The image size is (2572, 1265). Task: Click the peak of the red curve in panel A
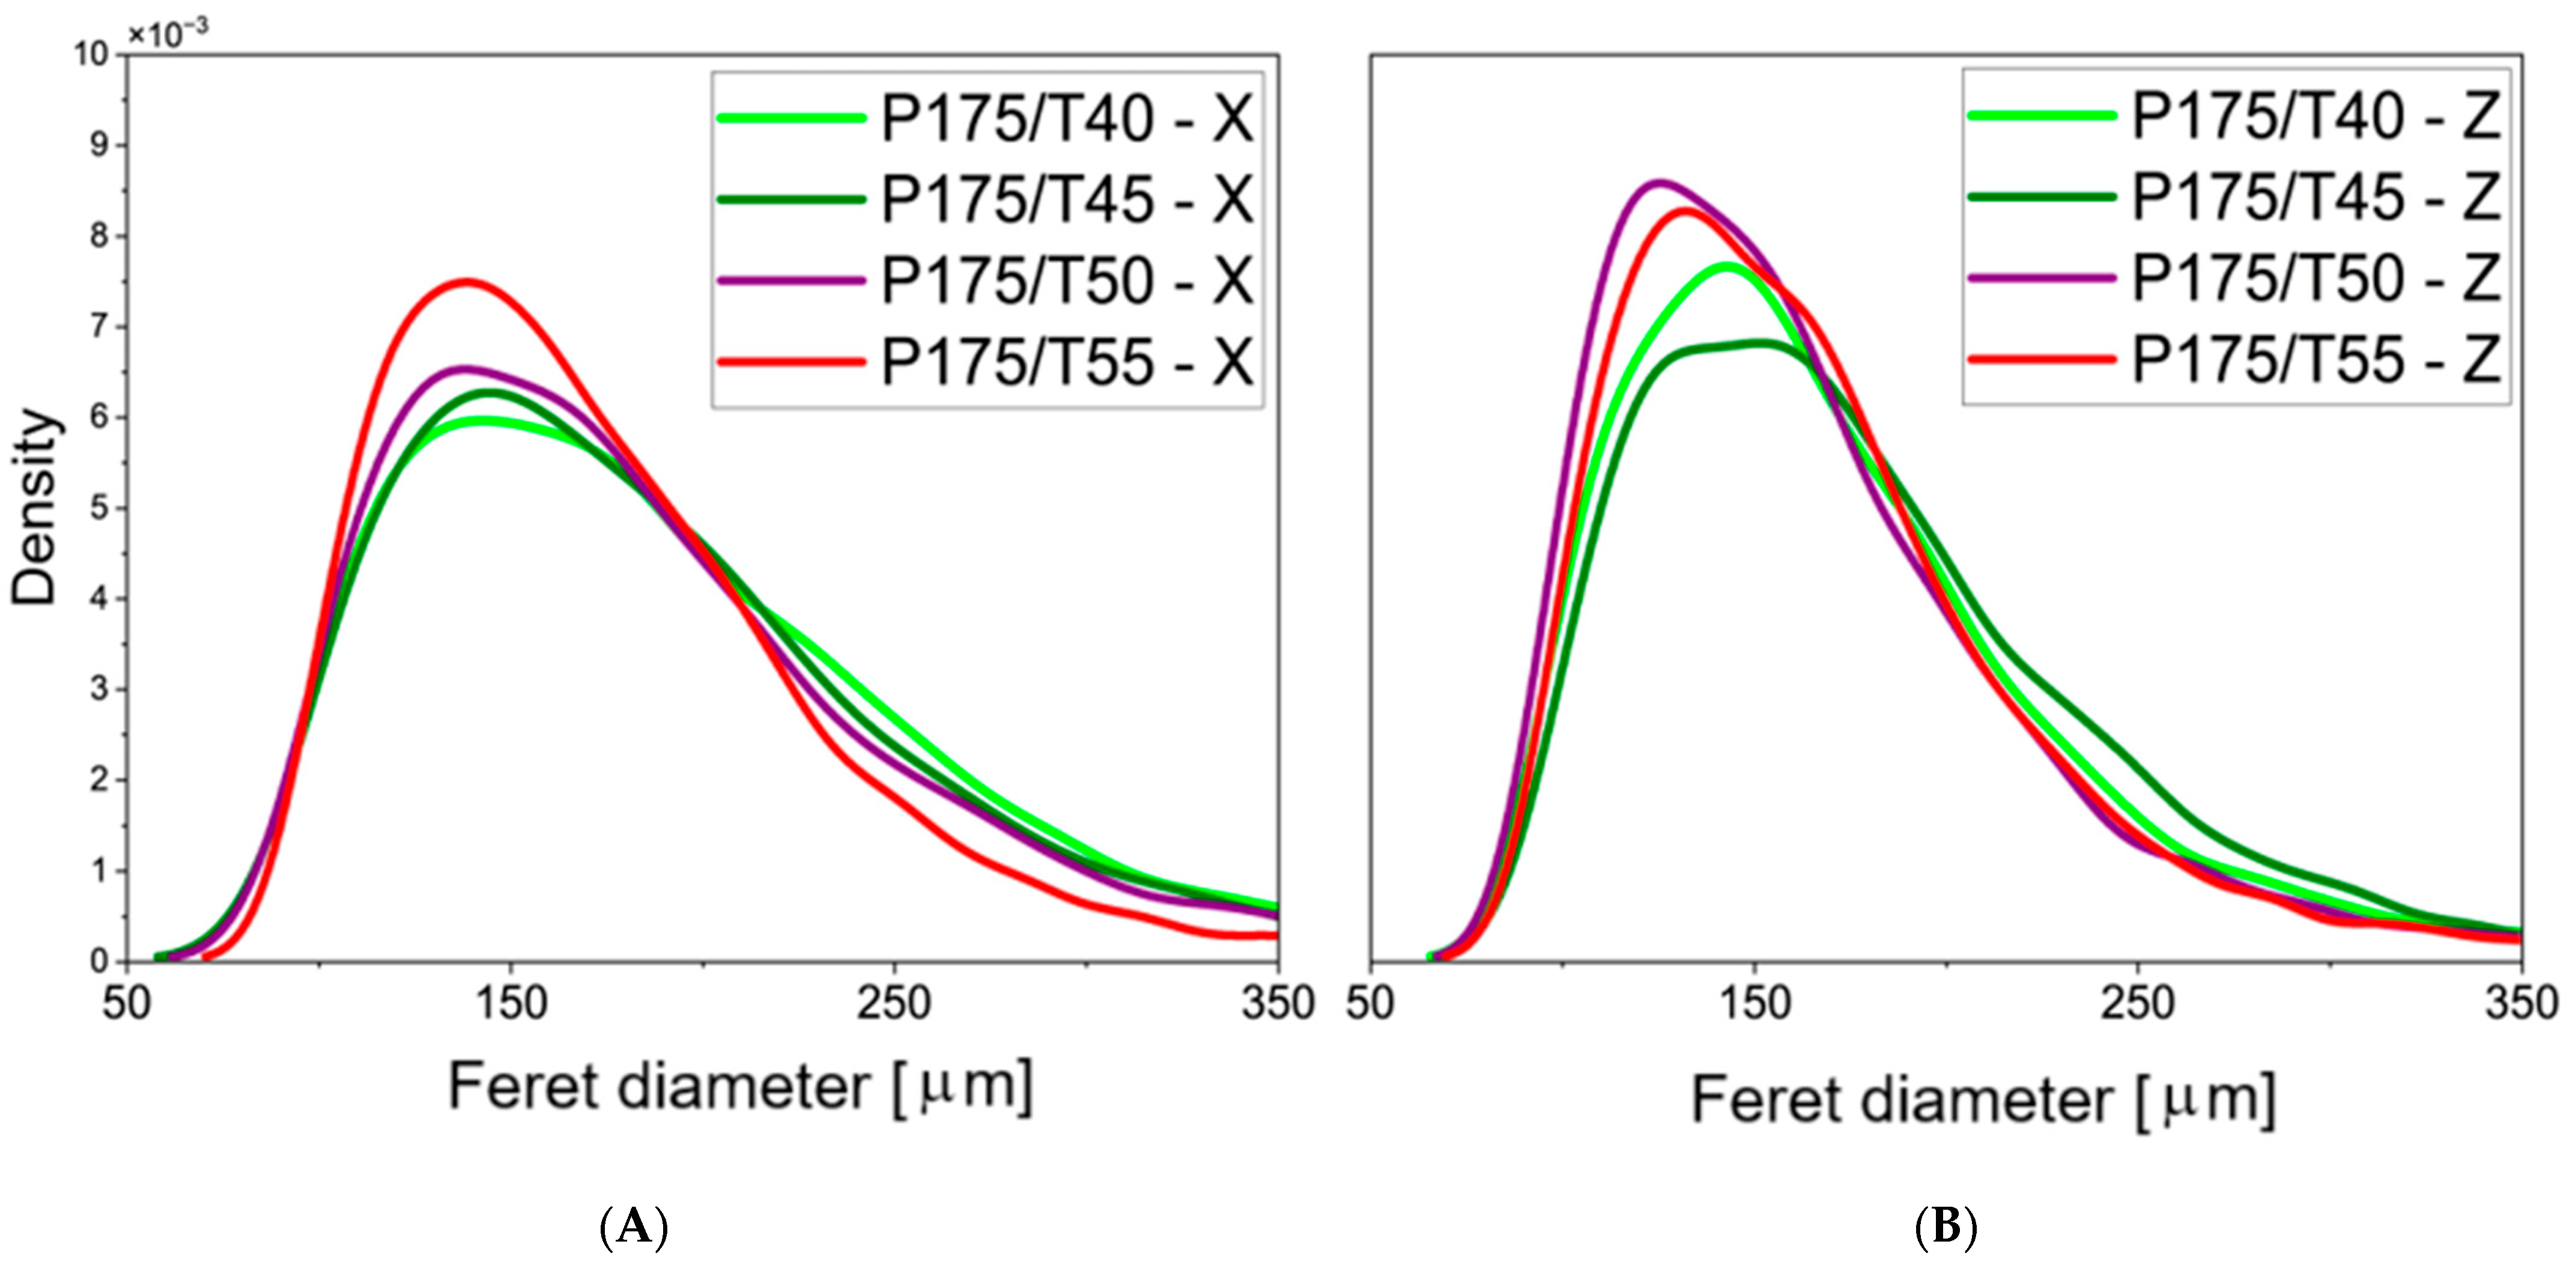[466, 282]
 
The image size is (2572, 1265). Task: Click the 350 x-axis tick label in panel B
[2520, 1003]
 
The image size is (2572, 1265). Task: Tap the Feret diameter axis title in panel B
[1983, 1100]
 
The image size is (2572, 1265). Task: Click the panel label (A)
[633, 1225]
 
